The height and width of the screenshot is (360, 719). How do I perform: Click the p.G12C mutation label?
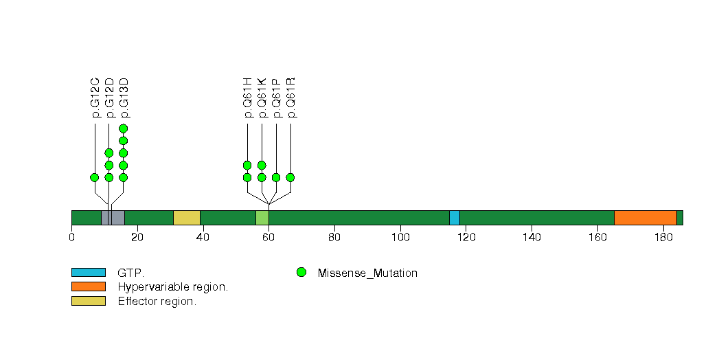click(x=95, y=98)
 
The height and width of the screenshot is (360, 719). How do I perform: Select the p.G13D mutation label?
click(x=124, y=98)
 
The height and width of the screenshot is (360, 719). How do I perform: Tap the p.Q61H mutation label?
click(x=247, y=98)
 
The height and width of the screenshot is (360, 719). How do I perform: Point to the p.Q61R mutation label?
click(x=290, y=98)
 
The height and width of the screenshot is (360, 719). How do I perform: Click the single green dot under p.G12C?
click(x=95, y=177)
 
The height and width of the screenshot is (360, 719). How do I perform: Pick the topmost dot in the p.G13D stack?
click(x=124, y=128)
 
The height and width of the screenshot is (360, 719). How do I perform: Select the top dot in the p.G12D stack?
click(x=109, y=153)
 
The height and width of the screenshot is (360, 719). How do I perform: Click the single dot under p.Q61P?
click(x=276, y=177)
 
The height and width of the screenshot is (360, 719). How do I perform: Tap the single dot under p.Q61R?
click(x=290, y=177)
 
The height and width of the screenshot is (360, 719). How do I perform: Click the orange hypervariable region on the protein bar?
click(x=645, y=218)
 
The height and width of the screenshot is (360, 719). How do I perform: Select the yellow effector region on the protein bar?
click(x=186, y=218)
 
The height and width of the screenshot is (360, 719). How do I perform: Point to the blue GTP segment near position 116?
click(x=454, y=218)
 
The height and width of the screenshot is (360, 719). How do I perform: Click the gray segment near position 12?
click(x=113, y=218)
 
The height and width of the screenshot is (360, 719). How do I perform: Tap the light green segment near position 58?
click(x=262, y=218)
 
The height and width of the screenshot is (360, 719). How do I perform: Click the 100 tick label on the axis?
click(x=400, y=238)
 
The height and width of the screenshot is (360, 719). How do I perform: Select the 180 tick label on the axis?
click(x=663, y=238)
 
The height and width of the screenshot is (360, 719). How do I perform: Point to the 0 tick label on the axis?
click(x=72, y=238)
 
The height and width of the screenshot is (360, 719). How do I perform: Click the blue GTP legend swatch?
click(x=88, y=273)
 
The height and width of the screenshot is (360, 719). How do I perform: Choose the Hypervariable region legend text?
click(x=172, y=287)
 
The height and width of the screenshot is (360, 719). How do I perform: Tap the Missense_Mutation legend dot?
click(x=301, y=273)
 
